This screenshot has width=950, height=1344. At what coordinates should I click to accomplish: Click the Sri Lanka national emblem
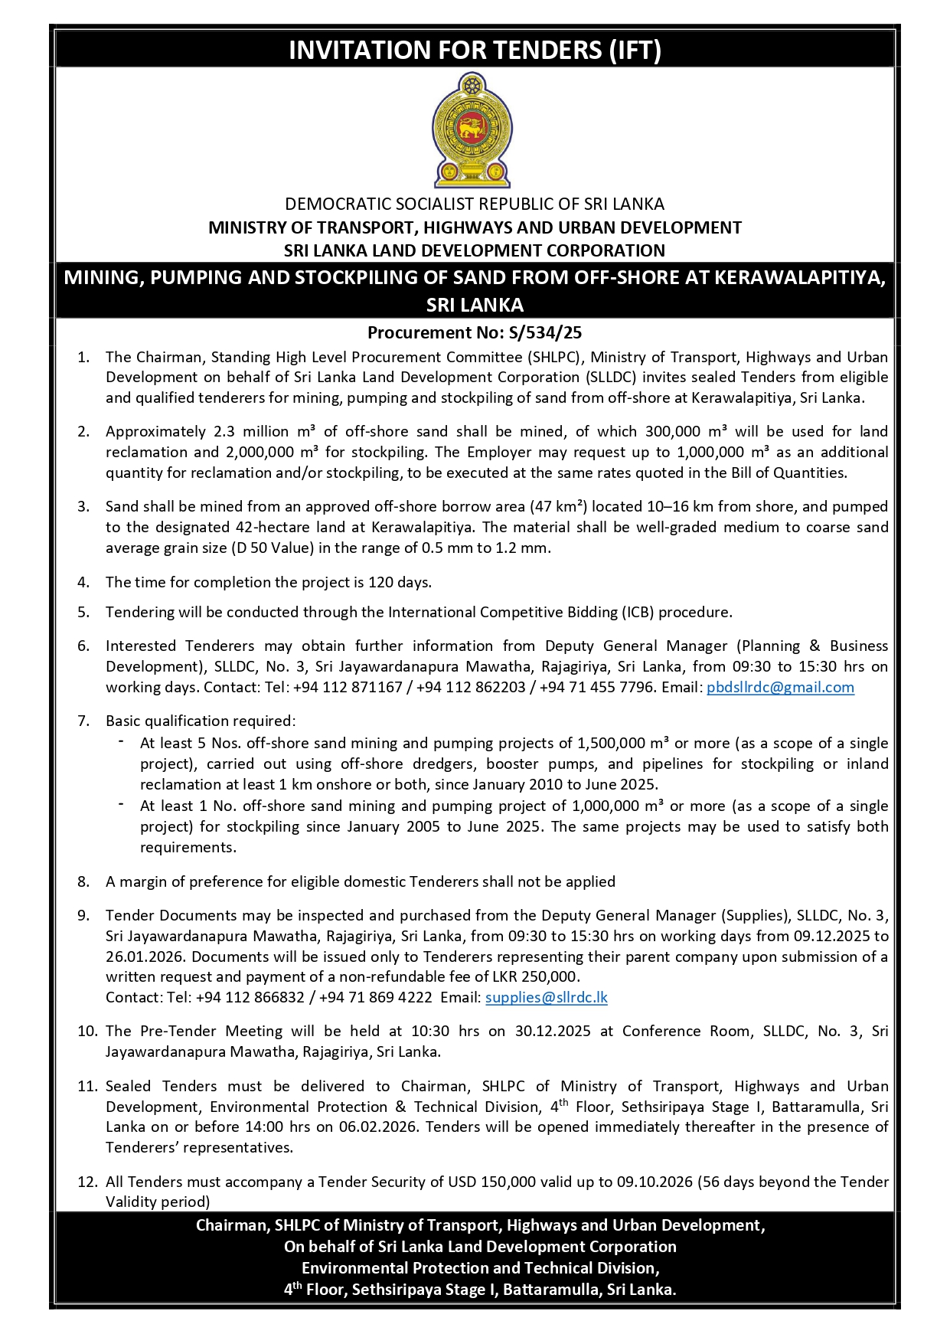click(x=472, y=130)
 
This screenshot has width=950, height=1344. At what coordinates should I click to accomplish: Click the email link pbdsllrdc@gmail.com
click(x=779, y=687)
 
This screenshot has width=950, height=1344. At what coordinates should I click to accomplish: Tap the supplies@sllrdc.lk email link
click(x=546, y=997)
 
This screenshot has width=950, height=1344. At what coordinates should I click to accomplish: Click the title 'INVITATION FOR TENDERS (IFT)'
click(x=475, y=50)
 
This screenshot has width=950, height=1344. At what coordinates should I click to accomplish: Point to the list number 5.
click(x=83, y=612)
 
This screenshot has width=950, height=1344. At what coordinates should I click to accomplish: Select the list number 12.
click(x=87, y=1182)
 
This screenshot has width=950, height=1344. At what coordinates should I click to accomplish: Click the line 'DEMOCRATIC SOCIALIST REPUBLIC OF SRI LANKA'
click(x=475, y=204)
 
